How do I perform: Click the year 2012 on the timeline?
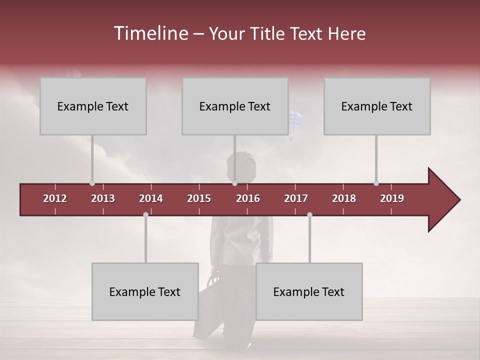[x=55, y=198]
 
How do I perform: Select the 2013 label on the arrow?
[x=103, y=198]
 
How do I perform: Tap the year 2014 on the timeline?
[x=151, y=198]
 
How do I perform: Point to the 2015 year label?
[x=199, y=198]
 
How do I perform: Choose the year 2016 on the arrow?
[x=248, y=198]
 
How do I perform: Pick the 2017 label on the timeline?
[x=296, y=198]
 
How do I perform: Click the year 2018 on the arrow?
[x=344, y=198]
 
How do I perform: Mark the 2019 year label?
[x=392, y=198]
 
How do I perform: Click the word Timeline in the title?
[x=150, y=33]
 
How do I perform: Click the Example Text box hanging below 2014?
[x=145, y=291]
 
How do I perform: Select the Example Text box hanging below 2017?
[x=309, y=291]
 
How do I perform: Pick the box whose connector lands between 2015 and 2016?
[x=235, y=106]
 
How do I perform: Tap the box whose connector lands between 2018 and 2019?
[x=377, y=106]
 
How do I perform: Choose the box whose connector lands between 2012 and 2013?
[x=93, y=106]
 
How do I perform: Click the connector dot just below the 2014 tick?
[x=145, y=214]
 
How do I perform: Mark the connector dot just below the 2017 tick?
[x=309, y=214]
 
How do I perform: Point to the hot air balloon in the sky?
[x=295, y=119]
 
